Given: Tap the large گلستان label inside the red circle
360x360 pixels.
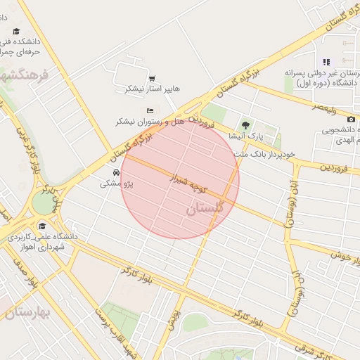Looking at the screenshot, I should pyautogui.click(x=205, y=209).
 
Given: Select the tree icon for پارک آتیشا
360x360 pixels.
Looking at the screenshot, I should pyautogui.click(x=245, y=126).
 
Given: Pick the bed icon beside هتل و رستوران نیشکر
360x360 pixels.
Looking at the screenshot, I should pyautogui.click(x=150, y=110).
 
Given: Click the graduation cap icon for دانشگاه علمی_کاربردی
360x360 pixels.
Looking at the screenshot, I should pyautogui.click(x=43, y=226).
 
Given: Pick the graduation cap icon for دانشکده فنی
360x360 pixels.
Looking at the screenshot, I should pyautogui.click(x=16, y=32).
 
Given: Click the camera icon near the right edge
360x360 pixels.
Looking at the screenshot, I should pyautogui.click(x=352, y=120).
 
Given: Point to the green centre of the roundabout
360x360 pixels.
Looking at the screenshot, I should pyautogui.click(x=44, y=203).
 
